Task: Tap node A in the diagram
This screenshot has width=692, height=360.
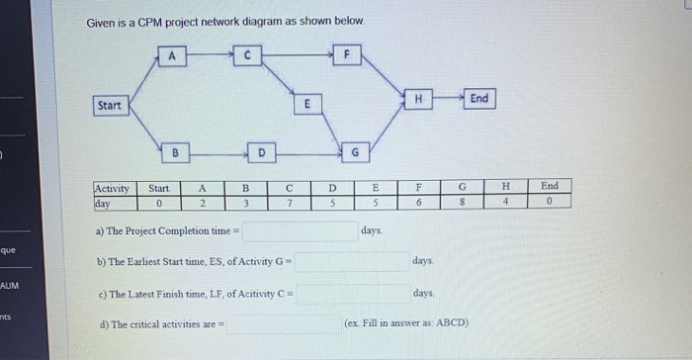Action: point(172,56)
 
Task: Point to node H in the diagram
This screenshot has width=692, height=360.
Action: point(418,99)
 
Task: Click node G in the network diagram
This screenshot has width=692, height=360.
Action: point(355,151)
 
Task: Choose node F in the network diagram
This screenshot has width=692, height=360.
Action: point(346,55)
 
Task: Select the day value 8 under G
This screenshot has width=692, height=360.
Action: point(462,203)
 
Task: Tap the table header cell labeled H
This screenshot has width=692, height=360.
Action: point(505,186)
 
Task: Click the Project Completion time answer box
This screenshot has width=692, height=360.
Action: point(300,231)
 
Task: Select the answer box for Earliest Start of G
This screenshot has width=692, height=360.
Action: point(351,262)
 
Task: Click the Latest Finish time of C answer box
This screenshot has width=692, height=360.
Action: point(351,294)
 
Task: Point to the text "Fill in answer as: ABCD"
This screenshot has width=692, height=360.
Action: point(406,323)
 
